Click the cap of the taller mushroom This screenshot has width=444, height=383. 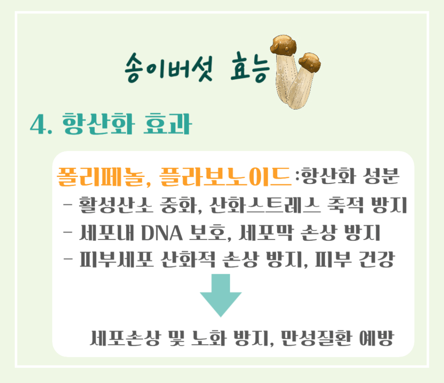point(284,45)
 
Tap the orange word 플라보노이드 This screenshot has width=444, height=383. point(225,177)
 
